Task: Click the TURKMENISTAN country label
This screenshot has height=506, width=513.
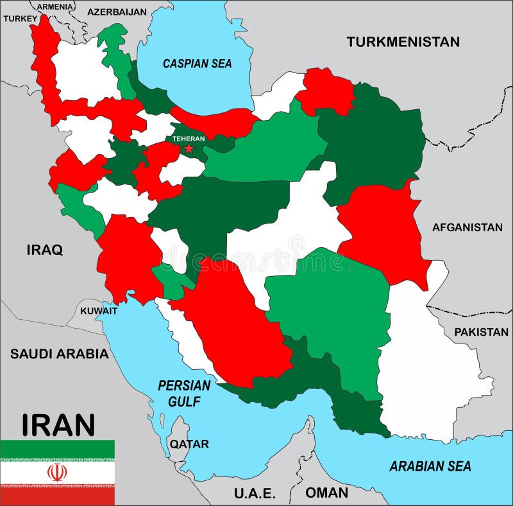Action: pos(403,42)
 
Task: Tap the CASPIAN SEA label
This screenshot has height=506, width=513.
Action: pos(197,64)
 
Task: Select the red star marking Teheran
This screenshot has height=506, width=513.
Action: pos(189,148)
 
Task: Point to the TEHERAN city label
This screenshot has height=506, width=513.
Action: pos(189,138)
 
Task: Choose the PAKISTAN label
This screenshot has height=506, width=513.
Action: pos(481,332)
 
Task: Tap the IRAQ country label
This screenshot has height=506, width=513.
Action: pos(44,250)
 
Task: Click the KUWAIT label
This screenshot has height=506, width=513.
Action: pos(99,311)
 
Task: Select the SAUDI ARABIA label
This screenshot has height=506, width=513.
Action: pos(59,353)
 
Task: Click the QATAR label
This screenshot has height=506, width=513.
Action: pos(189,444)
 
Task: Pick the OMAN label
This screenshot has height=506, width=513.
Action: pos(326,493)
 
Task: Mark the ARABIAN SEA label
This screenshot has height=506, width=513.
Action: pos(430,466)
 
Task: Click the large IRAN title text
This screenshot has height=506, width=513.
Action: pos(58,424)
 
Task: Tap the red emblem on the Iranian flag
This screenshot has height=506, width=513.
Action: pos(57,473)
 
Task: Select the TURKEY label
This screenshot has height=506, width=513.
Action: pos(21,19)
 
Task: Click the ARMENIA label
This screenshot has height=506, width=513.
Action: pos(55,7)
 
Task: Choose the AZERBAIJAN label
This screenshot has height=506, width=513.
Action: pos(117,12)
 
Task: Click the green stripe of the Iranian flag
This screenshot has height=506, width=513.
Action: pos(57,449)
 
